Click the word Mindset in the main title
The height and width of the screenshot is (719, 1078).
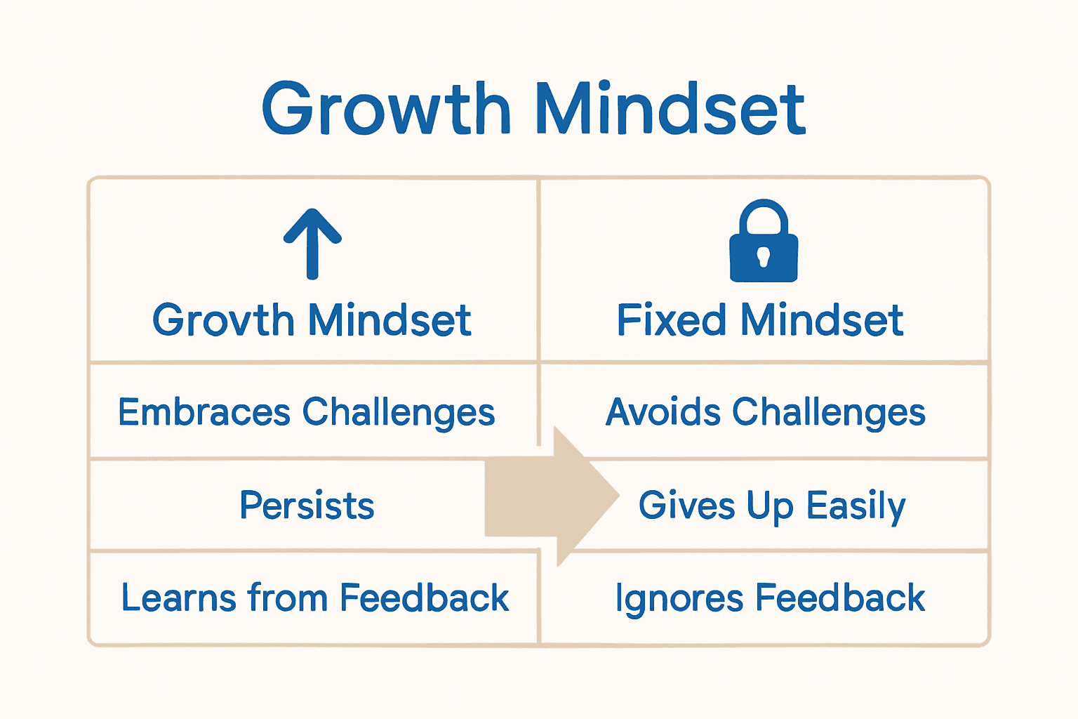click(670, 109)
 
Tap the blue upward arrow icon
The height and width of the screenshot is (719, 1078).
click(312, 243)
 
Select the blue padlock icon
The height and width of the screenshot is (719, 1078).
click(764, 242)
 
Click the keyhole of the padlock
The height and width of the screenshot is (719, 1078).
click(764, 257)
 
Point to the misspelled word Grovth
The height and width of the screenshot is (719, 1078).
click(223, 321)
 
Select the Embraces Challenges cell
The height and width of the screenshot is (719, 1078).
click(307, 412)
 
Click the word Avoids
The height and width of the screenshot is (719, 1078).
click(663, 412)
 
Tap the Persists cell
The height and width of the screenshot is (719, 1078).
click(307, 506)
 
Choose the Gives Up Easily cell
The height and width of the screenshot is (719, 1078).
click(772, 506)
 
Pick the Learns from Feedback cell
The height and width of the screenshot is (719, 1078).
click(314, 598)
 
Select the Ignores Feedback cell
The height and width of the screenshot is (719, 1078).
click(770, 598)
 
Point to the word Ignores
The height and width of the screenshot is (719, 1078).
click(679, 599)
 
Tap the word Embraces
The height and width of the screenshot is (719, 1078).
click(204, 412)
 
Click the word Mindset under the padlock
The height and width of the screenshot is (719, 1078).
click(822, 321)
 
